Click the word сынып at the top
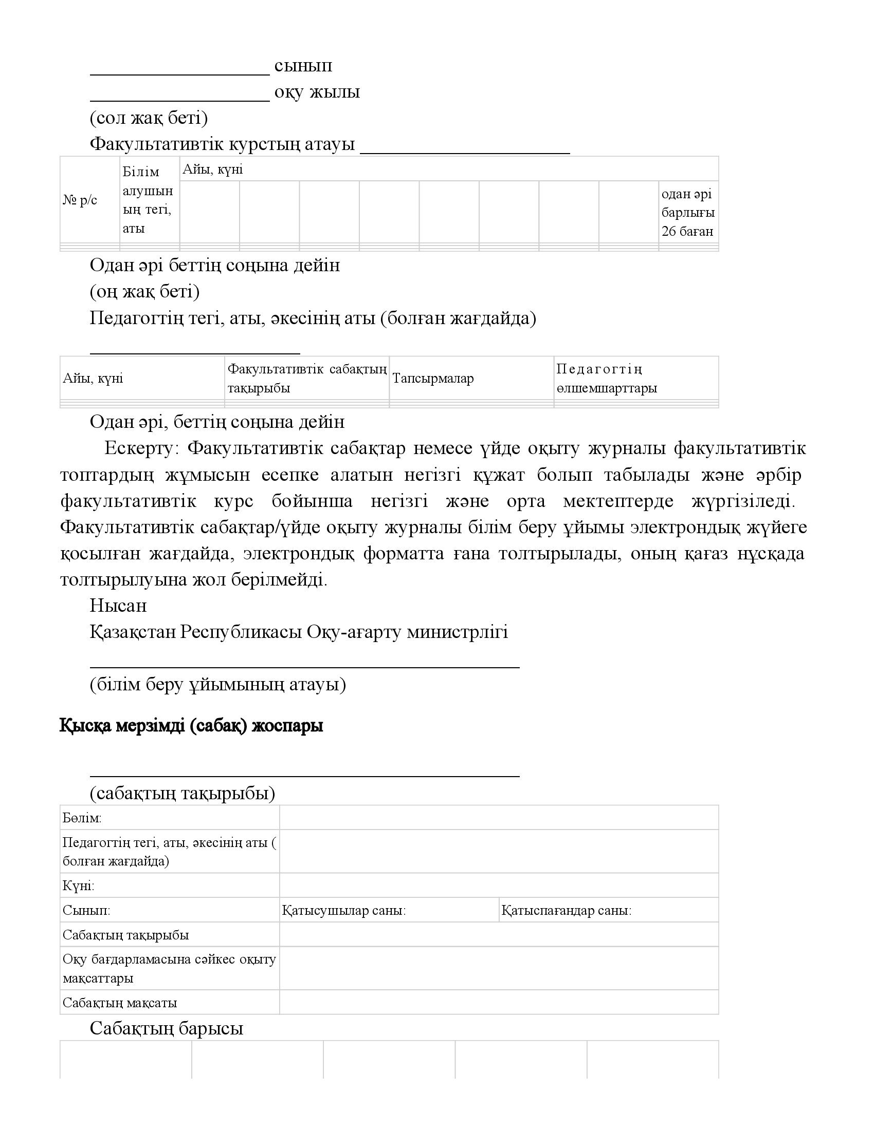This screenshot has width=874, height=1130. coord(303,66)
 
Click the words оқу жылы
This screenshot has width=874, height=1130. coord(317,92)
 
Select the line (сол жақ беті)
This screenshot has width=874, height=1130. coord(149,119)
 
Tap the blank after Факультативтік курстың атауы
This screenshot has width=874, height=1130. coord(464,146)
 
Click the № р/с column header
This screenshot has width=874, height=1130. coord(80,200)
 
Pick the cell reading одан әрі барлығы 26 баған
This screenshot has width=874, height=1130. coord(687,213)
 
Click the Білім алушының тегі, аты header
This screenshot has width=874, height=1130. coord(148,200)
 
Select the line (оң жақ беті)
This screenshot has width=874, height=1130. coord(144,292)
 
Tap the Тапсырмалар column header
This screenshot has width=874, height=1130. coord(433,378)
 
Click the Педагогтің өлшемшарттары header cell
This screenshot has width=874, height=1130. coord(607,378)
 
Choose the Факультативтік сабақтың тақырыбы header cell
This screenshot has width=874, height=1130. coord(307,378)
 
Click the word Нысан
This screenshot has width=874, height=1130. coord(118,606)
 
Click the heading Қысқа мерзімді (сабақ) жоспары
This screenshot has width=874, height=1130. coord(192,726)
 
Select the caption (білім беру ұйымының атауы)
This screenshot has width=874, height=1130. coord(218,685)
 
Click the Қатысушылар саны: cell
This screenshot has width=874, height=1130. coord(344,911)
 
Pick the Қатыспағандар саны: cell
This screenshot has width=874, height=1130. coord(567,911)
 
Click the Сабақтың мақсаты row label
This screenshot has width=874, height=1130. coord(120,1003)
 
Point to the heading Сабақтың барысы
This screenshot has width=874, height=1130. coord(166,1028)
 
